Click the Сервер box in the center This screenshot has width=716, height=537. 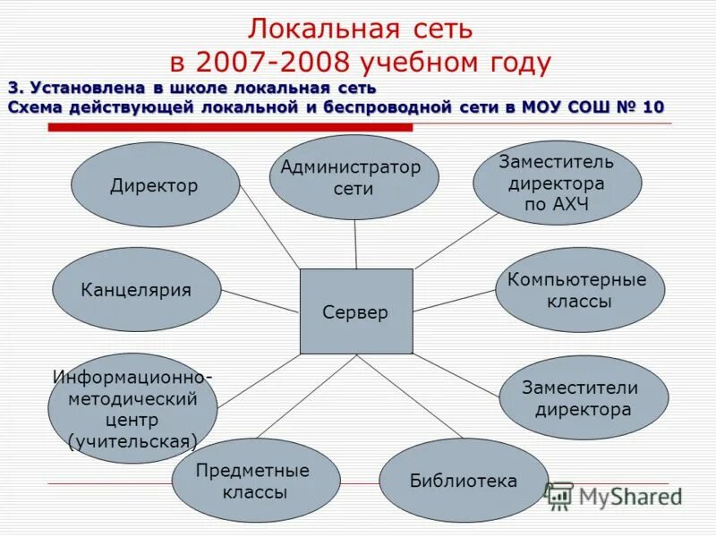[356, 311]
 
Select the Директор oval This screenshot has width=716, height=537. [155, 185]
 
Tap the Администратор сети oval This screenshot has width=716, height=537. [354, 177]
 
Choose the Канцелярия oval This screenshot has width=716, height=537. [136, 290]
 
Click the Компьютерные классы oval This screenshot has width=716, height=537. [579, 290]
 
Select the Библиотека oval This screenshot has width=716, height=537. [463, 481]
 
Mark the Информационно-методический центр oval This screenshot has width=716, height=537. [132, 407]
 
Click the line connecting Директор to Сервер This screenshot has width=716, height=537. [270, 230]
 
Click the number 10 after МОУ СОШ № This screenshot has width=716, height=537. [652, 107]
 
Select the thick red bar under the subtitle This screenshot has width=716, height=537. [230, 128]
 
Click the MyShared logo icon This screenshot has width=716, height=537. [559, 495]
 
